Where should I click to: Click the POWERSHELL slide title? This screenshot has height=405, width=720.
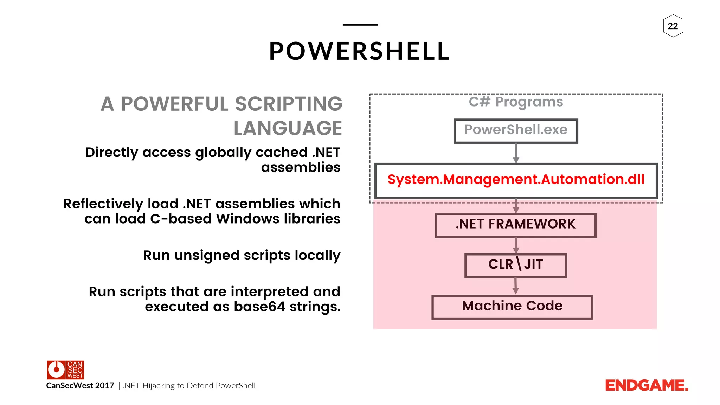coord(359,51)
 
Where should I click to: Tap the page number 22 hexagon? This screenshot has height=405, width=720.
coord(673,26)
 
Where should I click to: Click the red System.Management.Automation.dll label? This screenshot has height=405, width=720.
coord(516,180)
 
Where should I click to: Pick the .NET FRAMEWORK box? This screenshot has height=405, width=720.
coord(515,225)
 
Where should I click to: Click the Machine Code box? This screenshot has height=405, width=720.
coord(512,307)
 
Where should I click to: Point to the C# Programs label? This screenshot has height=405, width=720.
coord(516,102)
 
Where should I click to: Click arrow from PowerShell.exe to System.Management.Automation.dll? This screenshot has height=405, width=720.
coord(516,153)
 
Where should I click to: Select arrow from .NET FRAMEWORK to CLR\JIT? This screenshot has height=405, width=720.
coord(516,245)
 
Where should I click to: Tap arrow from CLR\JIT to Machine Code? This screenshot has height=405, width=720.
coord(515,286)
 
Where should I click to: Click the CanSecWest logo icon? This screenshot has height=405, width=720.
coord(65,370)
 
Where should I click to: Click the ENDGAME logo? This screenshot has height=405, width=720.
coord(646,386)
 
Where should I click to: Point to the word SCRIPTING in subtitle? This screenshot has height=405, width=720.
coord(289,104)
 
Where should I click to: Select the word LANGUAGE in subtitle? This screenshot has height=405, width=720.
coord(288,128)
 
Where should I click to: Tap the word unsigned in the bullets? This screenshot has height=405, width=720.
coord(207,256)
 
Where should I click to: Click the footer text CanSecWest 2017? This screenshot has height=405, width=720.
coord(80,386)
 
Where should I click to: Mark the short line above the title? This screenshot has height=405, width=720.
coord(360,25)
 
